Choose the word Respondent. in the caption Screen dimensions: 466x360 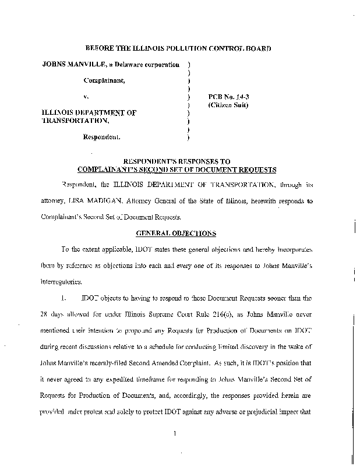coord(103,137)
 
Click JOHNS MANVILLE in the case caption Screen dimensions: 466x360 coord(71,64)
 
